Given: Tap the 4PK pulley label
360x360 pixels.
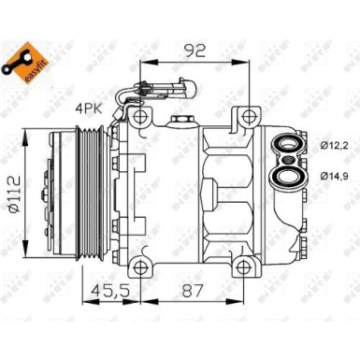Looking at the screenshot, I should click(87, 109).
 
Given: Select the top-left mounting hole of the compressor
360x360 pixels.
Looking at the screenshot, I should click(140, 116).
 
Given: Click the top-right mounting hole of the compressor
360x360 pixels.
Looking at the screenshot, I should click(249, 116).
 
